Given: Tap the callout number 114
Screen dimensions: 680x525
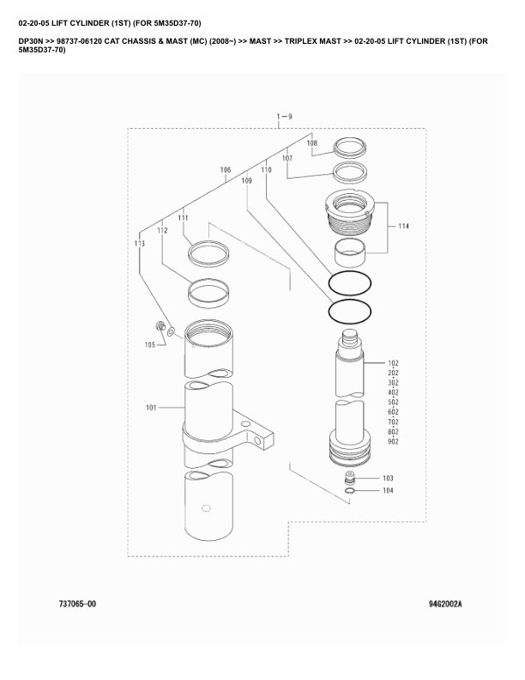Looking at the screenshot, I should point(403,227).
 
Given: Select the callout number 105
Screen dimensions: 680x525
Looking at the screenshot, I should point(149,345).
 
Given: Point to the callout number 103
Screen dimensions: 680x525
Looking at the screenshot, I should point(388,477).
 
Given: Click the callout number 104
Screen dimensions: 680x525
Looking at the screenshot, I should point(388,490).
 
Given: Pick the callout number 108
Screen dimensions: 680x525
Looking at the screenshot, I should point(311,143).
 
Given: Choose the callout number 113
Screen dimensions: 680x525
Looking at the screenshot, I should point(140,244).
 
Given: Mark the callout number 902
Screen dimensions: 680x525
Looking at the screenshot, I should point(394,442).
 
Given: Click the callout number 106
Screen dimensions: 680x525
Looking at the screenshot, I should point(226,171).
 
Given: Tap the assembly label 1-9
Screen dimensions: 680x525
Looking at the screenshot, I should point(284,116).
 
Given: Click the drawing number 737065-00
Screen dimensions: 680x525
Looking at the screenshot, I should point(77,604).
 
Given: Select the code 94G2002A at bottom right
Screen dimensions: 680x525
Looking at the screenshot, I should point(445,604).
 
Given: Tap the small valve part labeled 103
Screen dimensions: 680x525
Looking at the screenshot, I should point(350,477).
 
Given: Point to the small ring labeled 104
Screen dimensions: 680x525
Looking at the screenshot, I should point(350,491).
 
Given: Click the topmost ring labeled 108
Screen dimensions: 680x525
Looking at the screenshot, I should point(350,147).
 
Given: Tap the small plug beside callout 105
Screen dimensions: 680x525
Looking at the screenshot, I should point(160,326).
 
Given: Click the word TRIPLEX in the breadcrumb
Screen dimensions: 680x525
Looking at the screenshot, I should point(306,40).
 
